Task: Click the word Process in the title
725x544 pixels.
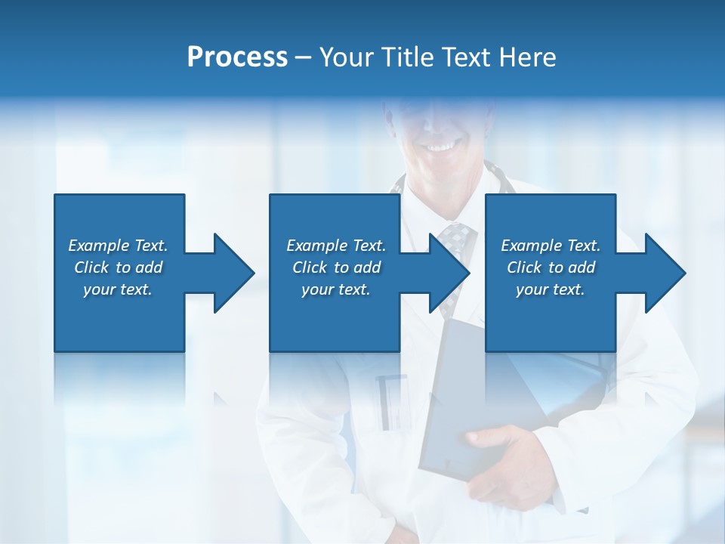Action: [x=237, y=57]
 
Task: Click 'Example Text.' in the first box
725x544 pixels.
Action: [x=118, y=246]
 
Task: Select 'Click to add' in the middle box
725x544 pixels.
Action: [x=336, y=267]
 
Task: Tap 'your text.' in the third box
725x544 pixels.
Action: [x=551, y=289]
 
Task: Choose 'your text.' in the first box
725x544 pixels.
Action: [x=118, y=289]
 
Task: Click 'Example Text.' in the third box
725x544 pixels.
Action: [x=551, y=246]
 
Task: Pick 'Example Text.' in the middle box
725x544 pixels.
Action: [x=336, y=246]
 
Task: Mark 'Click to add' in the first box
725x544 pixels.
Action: [x=118, y=267]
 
